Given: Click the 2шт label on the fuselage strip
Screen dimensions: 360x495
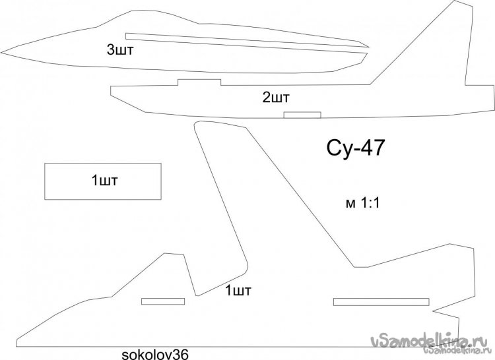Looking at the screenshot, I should coord(277,98).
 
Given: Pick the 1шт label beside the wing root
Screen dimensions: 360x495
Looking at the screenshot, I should coord(238,290).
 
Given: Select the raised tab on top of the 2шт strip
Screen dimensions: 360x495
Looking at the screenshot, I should coord(199,82).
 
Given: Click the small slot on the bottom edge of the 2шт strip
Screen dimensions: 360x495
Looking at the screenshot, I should coord(302,115).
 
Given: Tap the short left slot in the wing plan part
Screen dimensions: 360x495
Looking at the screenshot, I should coord(163,301).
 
